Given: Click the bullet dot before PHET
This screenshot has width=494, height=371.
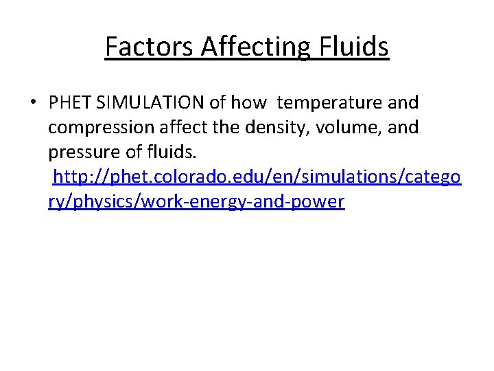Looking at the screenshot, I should click(x=33, y=103).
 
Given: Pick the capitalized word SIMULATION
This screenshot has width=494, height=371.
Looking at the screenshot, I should click(x=149, y=103).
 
